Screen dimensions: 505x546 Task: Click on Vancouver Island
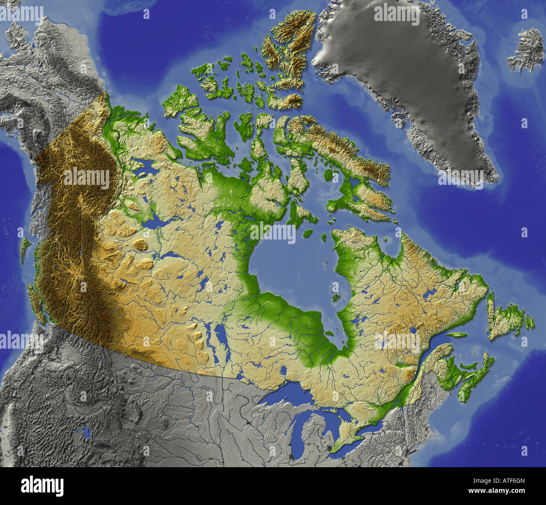click(x=36, y=302)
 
